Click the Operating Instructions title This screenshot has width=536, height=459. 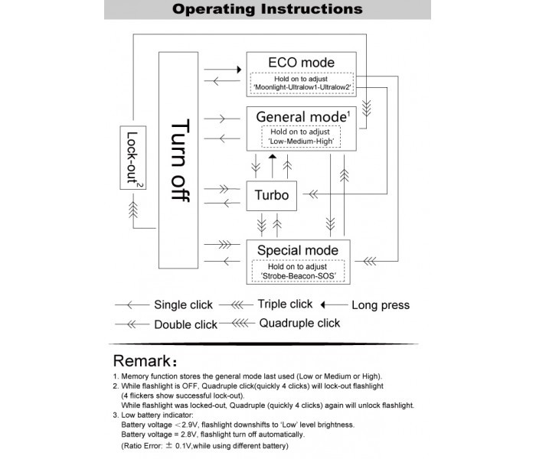point(267,10)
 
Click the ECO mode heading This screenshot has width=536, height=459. point(300,62)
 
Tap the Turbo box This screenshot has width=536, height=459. point(271,195)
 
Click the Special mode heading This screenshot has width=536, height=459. point(298,250)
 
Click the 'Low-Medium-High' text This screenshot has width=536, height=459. point(300,142)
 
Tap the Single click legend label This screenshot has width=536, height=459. point(183,304)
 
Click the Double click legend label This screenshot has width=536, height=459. point(185,324)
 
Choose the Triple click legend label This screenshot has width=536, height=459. point(285,304)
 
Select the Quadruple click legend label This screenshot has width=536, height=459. point(299,323)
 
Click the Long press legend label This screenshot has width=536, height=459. point(380,305)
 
